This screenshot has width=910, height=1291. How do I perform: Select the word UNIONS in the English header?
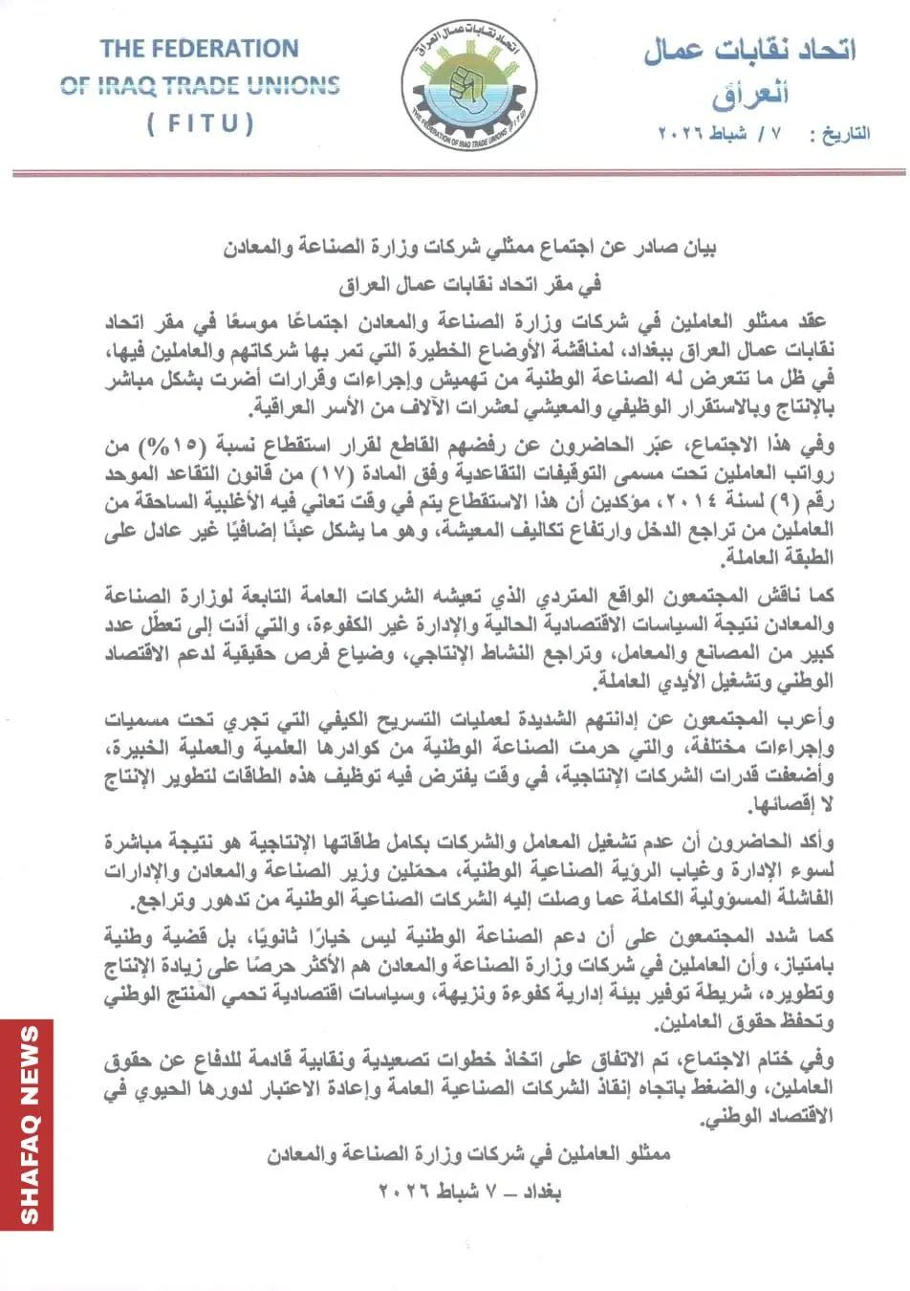tap(291, 85)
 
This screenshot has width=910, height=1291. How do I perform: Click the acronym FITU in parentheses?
tap(200, 124)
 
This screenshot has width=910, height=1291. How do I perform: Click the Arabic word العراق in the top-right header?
tap(750, 94)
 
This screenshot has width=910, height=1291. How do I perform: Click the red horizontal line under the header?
tap(459, 173)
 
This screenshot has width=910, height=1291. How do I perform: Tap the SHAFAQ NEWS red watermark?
tap(28, 1125)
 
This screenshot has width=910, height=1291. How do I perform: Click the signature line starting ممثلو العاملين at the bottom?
tap(468, 1154)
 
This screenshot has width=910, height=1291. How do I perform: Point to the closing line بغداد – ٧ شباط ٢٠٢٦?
tap(469, 1192)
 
